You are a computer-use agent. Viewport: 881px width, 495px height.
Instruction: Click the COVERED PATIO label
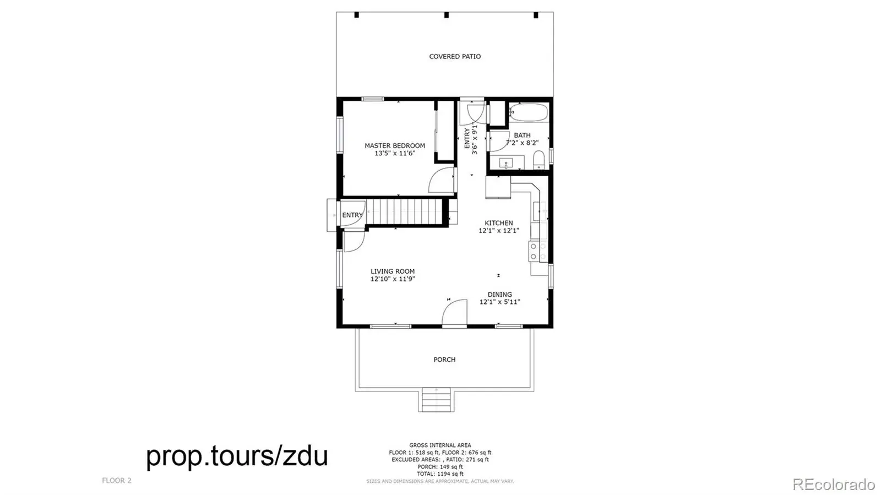[455, 57]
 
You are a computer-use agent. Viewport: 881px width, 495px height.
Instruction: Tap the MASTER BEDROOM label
[394, 145]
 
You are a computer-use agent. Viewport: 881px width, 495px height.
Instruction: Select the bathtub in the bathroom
[529, 112]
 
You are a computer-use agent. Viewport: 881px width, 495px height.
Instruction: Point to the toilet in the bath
[539, 160]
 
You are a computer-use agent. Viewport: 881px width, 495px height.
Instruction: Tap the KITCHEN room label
[499, 223]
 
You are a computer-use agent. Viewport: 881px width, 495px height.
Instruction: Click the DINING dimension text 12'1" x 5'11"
[499, 302]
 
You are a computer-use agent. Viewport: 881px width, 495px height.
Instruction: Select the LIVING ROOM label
[393, 271]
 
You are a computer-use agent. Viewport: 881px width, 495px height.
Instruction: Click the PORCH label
[444, 360]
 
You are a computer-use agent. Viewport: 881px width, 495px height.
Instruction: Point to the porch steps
[436, 400]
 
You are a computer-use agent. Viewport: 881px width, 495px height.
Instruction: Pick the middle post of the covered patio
[447, 15]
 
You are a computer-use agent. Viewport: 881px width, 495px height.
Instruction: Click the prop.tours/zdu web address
[237, 456]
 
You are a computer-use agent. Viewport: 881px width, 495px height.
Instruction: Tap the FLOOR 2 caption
[116, 481]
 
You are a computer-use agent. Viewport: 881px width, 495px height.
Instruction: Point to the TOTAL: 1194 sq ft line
[440, 474]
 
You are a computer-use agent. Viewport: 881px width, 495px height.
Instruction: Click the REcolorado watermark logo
[834, 484]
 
